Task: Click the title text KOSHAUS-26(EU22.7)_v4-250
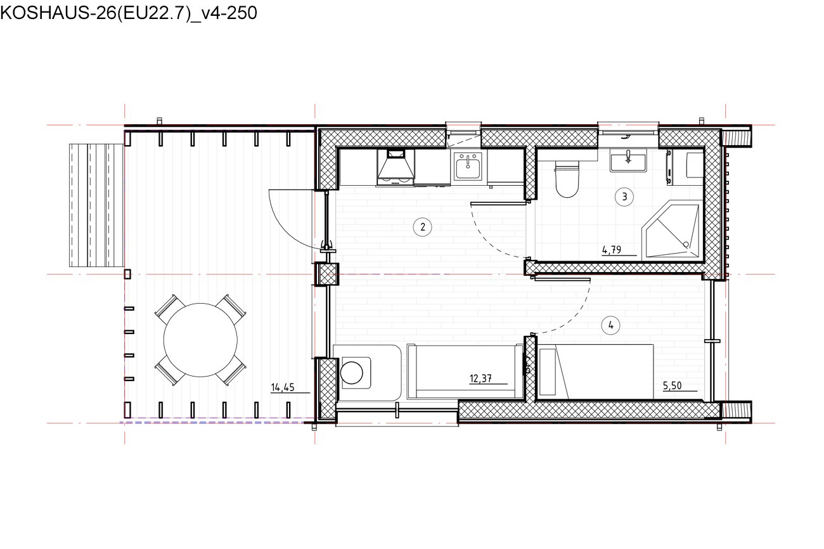[129, 13]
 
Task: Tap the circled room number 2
[422, 227]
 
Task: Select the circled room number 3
[624, 197]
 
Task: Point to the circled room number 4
[610, 325]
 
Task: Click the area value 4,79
[612, 250]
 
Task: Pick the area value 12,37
[480, 378]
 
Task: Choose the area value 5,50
[672, 385]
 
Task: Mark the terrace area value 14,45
[283, 387]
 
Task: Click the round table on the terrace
[200, 340]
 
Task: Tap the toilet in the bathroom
[567, 179]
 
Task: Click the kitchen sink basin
[468, 166]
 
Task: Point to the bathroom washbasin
[628, 161]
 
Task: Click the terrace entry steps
[97, 205]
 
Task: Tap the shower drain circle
[686, 244]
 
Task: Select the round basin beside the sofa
[352, 373]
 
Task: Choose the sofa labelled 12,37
[465, 371]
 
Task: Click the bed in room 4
[596, 371]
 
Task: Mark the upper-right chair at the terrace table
[231, 307]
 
